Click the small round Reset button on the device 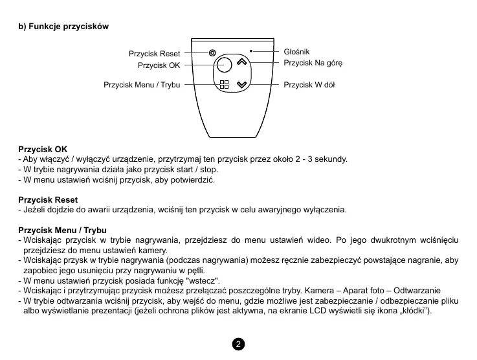click(212, 52)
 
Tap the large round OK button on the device click(224, 65)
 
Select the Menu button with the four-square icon click(224, 85)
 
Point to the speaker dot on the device click(251, 50)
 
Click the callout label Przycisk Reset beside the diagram click(154, 54)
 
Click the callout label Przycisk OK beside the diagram click(159, 65)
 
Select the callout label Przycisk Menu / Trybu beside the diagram click(142, 85)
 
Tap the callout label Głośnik click(297, 51)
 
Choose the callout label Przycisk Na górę click(313, 63)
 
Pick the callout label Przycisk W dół click(309, 85)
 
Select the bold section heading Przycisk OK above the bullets click(43, 149)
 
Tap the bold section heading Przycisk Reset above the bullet click(48, 200)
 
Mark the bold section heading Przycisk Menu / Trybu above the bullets click(62, 231)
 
